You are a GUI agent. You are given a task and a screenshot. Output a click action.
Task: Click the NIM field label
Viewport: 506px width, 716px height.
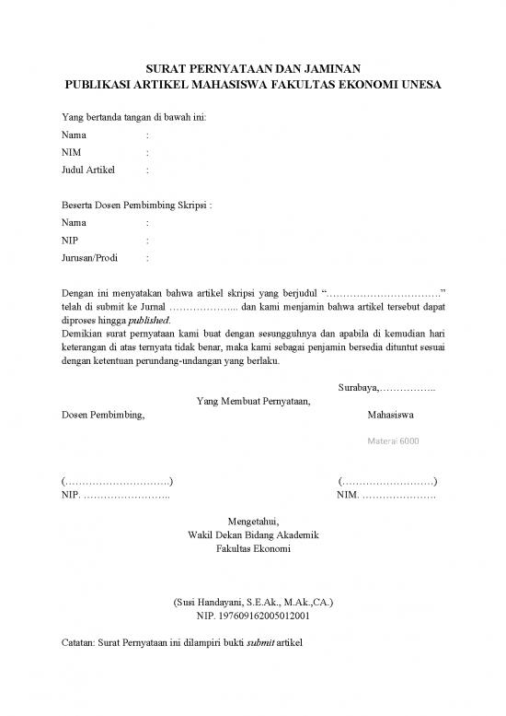[x=70, y=153]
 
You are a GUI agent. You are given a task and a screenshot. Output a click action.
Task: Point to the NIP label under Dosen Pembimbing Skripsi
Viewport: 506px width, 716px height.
[x=69, y=241]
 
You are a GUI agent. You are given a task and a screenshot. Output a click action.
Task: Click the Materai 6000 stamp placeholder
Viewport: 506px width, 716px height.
[x=394, y=440]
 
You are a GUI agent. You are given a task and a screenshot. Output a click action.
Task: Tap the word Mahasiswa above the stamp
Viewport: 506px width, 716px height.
[x=390, y=416]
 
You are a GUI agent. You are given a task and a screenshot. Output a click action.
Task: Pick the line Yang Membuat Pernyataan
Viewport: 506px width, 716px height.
[x=254, y=401]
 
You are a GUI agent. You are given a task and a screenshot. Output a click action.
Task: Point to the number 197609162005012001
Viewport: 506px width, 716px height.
[x=265, y=616]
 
